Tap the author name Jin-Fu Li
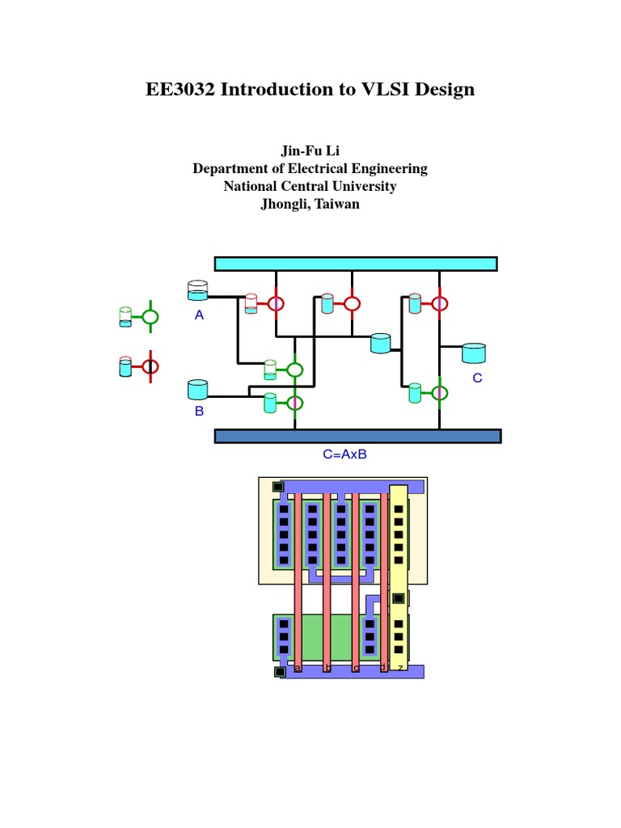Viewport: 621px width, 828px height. coord(310,151)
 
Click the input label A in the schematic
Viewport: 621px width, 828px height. coord(199,315)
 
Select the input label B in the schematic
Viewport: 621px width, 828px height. coord(199,411)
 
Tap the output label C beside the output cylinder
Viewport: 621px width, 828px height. coord(477,378)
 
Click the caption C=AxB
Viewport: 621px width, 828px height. coord(345,454)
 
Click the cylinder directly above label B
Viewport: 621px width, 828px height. coord(197,390)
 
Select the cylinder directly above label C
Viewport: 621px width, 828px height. coord(473,353)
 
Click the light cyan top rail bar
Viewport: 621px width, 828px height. coord(355,264)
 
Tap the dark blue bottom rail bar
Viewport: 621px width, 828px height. coord(357,436)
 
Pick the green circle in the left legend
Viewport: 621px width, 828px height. coord(150,317)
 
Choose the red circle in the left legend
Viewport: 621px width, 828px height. coord(150,366)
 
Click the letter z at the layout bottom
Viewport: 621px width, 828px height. coord(399,668)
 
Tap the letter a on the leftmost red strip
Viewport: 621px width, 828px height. coord(298,668)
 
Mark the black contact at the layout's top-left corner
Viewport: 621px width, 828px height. coord(277,487)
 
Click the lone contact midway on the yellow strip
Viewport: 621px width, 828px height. coord(398,598)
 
